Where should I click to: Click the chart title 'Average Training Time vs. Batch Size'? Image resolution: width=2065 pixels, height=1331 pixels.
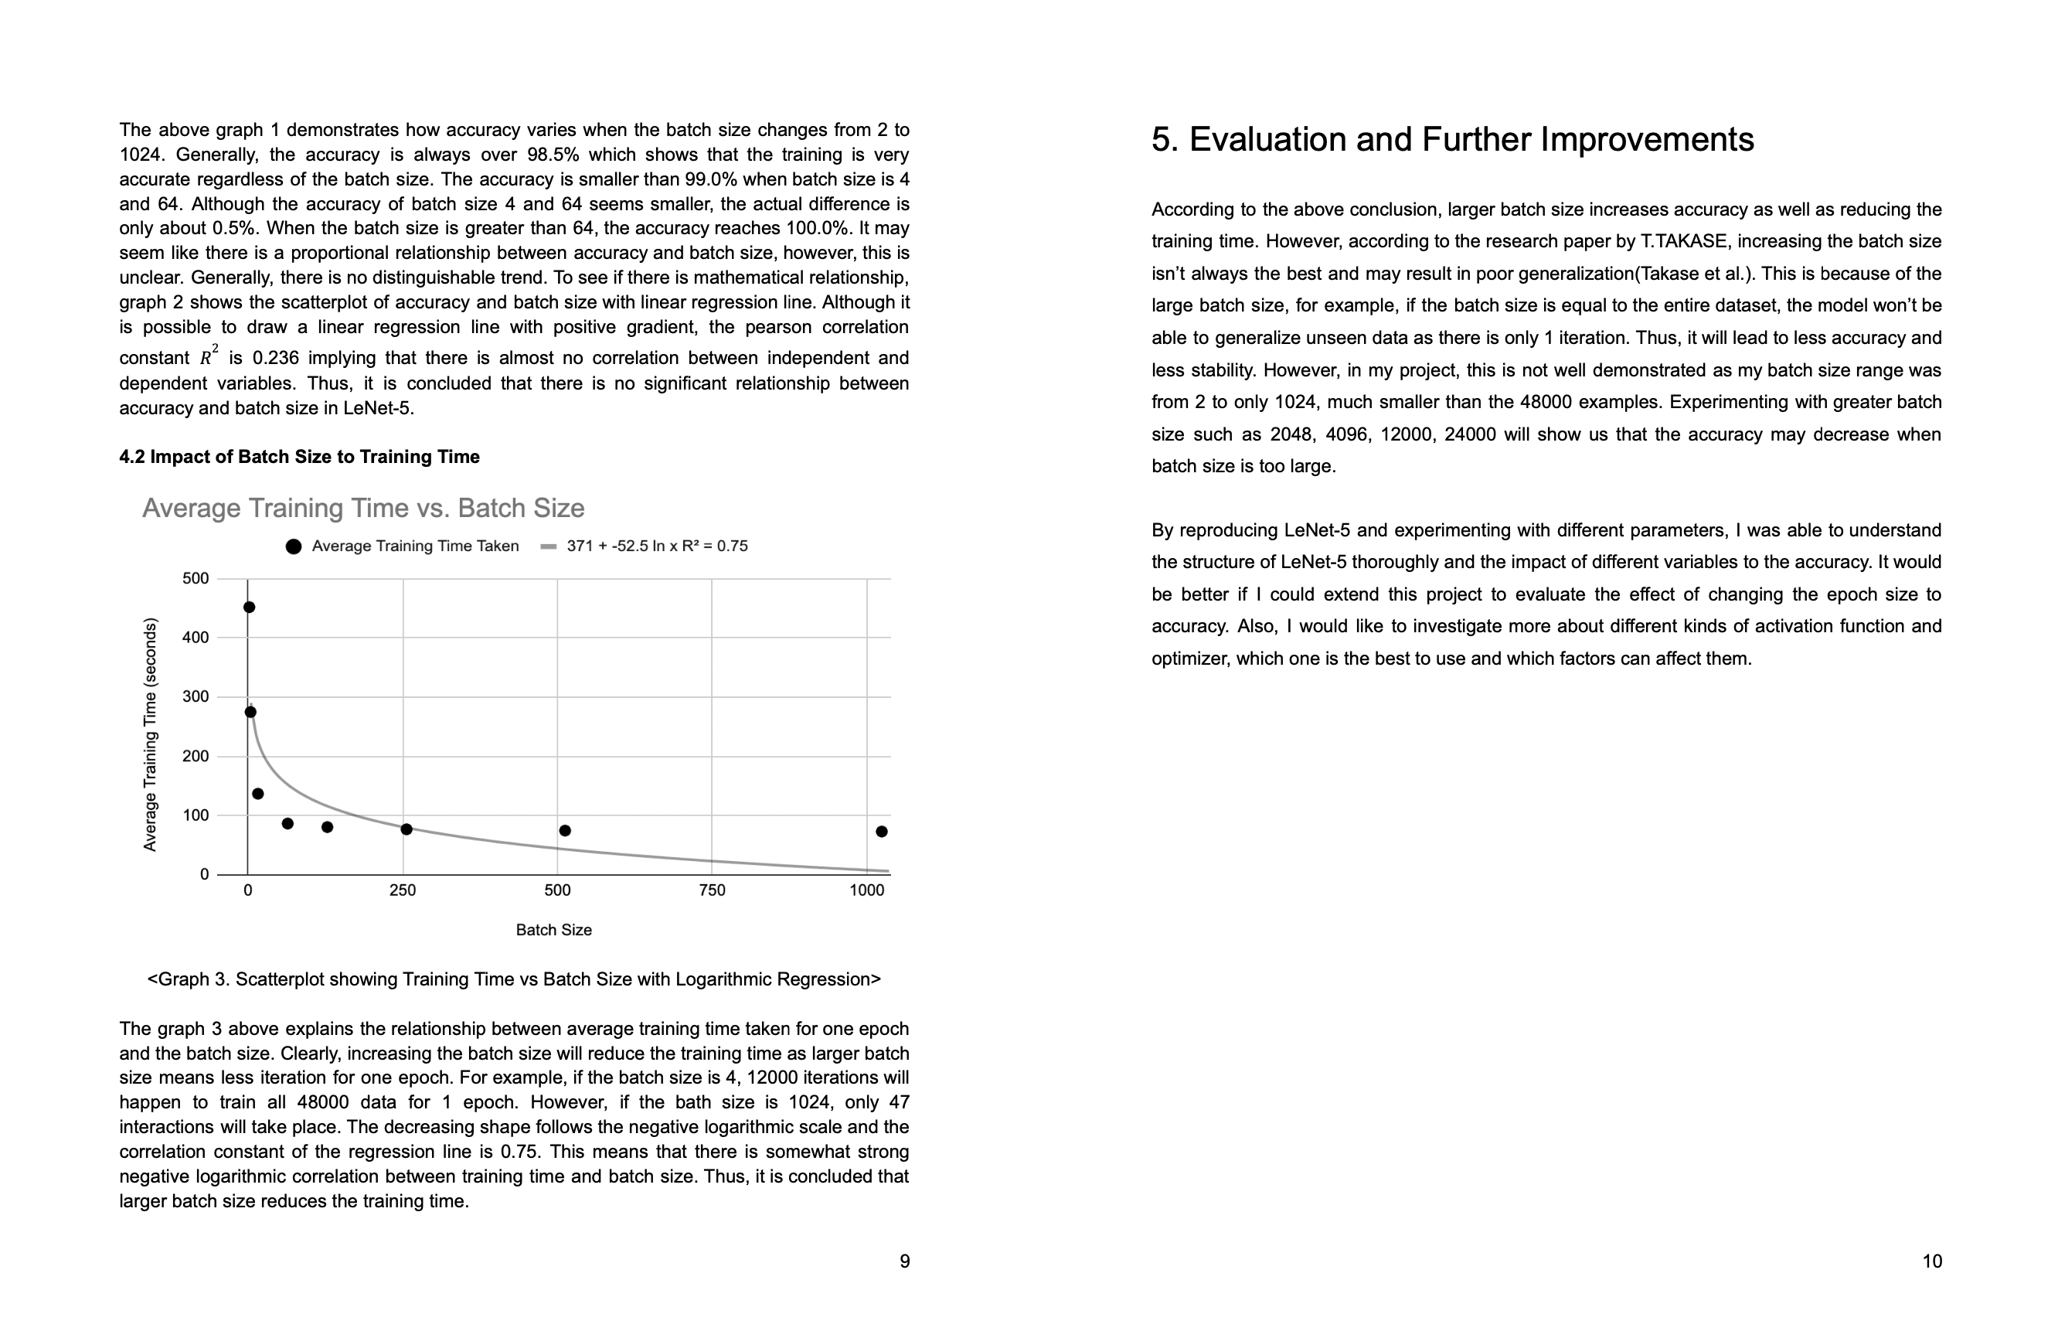pyautogui.click(x=363, y=508)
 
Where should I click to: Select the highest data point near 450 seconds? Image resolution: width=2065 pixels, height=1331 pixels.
pyautogui.click(x=249, y=608)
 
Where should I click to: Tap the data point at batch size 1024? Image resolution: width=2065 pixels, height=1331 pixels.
pyautogui.click(x=881, y=832)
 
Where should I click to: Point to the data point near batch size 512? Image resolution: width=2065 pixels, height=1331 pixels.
pyautogui.click(x=565, y=831)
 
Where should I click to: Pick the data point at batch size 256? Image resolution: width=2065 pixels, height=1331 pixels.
pyautogui.click(x=407, y=829)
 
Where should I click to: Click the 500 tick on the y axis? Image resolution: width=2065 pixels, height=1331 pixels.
pyautogui.click(x=196, y=578)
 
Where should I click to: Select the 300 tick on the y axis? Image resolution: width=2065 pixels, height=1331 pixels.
pyautogui.click(x=196, y=696)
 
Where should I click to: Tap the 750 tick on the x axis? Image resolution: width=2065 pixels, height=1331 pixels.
pyautogui.click(x=712, y=891)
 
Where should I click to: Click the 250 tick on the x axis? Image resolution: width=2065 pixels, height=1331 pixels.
pyautogui.click(x=403, y=891)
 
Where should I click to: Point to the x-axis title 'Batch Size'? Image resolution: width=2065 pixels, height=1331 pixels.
pyautogui.click(x=554, y=930)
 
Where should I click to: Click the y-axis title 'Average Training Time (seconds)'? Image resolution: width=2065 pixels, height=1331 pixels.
pyautogui.click(x=151, y=734)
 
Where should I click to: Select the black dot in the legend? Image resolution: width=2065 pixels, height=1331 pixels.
pyautogui.click(x=294, y=546)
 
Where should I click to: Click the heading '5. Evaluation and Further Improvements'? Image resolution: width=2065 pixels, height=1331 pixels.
pyautogui.click(x=1452, y=139)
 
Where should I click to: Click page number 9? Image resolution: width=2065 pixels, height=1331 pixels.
pyautogui.click(x=905, y=1261)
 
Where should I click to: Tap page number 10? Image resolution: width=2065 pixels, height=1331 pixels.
pyautogui.click(x=1932, y=1261)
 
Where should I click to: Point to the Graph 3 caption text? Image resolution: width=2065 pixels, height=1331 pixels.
pyautogui.click(x=514, y=979)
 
